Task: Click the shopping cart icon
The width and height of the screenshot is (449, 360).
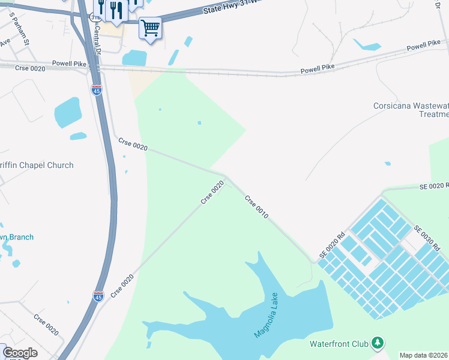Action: click(x=149, y=27)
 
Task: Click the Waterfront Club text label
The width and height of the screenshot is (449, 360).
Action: click(x=339, y=344)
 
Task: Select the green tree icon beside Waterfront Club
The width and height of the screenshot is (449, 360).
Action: click(x=377, y=343)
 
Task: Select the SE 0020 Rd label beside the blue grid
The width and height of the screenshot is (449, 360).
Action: click(x=333, y=246)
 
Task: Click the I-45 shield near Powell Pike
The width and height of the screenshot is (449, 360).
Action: click(x=96, y=90)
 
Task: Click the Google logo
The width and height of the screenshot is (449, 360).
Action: click(x=20, y=353)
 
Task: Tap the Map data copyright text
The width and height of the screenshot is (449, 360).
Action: click(x=424, y=355)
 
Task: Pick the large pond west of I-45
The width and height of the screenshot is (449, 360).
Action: click(x=67, y=112)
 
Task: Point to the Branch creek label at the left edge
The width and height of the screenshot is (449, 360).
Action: click(x=17, y=237)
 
